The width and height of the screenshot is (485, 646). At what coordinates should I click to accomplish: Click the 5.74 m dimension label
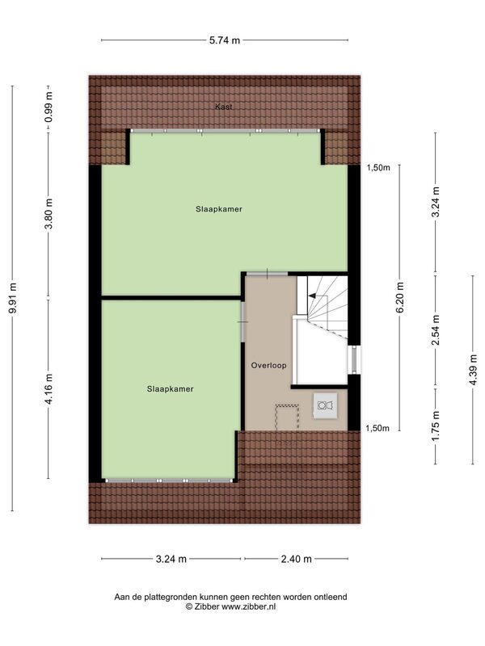click(225, 40)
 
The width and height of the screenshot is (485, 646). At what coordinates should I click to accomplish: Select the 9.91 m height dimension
click(13, 298)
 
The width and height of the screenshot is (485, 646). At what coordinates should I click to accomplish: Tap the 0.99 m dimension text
click(48, 107)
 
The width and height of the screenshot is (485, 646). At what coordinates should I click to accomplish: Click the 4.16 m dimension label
click(48, 389)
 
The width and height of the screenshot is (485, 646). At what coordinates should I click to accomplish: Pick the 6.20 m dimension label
click(399, 297)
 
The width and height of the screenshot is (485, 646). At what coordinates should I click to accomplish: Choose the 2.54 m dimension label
click(436, 330)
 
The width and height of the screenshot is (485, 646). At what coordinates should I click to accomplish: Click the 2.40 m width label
click(296, 559)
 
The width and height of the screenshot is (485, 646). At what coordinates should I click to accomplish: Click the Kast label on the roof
click(224, 107)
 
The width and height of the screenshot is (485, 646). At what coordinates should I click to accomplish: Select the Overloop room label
click(269, 366)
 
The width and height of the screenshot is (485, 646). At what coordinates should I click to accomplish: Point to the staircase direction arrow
click(312, 296)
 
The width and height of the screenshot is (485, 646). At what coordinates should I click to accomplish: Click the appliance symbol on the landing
click(325, 405)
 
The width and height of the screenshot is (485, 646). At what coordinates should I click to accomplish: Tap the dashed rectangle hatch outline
click(287, 417)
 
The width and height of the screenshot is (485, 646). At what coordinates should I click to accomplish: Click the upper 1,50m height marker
click(377, 167)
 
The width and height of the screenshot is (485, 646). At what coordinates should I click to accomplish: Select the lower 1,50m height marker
click(377, 428)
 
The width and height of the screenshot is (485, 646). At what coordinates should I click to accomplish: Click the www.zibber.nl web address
click(249, 606)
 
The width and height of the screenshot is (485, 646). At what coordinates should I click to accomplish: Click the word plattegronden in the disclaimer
click(162, 597)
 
